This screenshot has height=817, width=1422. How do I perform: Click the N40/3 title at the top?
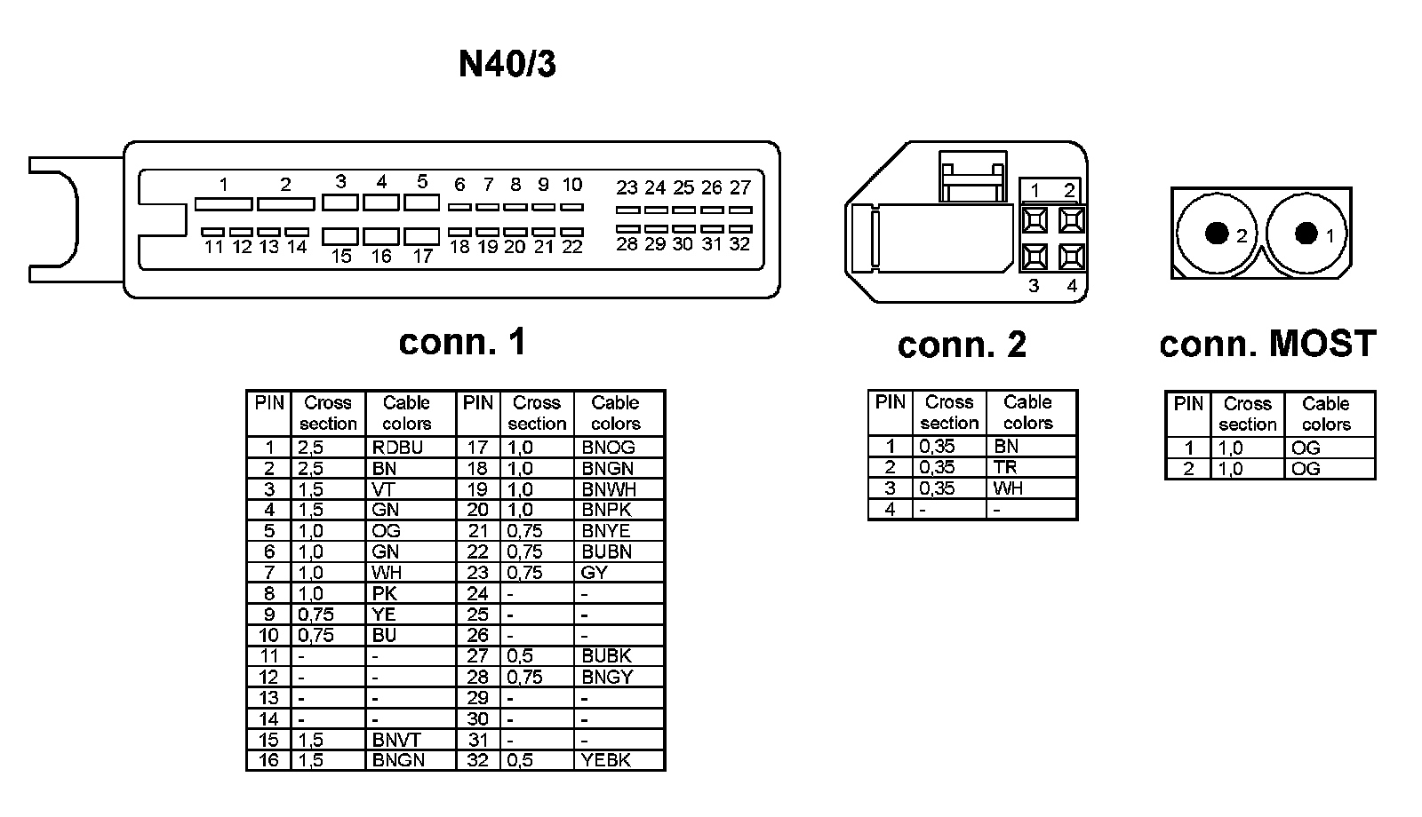coord(507,64)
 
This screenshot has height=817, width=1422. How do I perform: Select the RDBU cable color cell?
coord(397,448)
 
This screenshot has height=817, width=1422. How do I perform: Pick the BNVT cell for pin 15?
coord(396,740)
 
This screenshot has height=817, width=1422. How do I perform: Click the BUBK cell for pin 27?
coord(606,656)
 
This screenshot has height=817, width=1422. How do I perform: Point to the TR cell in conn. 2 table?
coord(1005,467)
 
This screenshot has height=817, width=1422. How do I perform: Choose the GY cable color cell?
coord(594,573)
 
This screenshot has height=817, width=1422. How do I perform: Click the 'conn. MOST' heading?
coord(1267,344)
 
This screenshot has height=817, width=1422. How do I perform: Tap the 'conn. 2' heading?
coord(962,345)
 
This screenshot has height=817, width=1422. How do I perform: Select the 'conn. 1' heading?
coord(462,342)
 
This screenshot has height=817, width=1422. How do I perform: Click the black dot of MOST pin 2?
coord(1215,234)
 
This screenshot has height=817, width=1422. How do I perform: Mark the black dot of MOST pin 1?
coord(1306,234)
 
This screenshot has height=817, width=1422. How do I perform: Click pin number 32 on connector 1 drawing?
coord(739,244)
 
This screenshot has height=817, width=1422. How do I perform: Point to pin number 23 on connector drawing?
coord(627,188)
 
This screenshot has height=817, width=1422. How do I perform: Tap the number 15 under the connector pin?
coord(341,257)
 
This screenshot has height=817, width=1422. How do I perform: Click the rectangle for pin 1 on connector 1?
coord(223,204)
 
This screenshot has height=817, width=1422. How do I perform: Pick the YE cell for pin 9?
coord(384,615)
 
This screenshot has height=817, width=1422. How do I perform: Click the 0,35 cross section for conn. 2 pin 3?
coord(937,488)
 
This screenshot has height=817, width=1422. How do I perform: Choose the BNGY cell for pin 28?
coord(607,677)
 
